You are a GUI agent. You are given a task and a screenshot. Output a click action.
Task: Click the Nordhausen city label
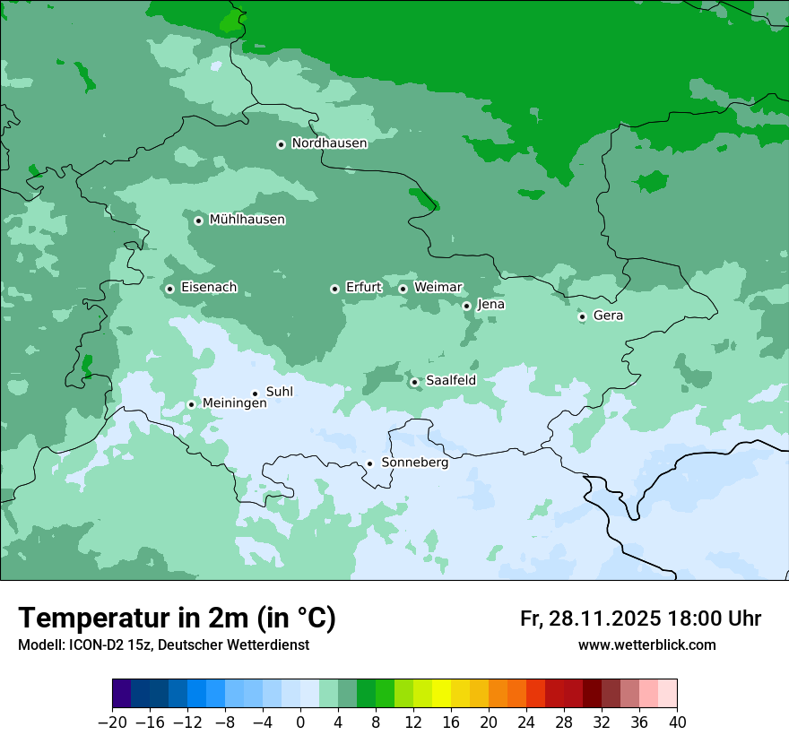[x=329, y=143]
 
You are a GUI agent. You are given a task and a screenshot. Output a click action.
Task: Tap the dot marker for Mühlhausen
[x=198, y=221]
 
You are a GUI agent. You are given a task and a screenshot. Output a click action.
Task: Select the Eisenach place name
[x=209, y=288]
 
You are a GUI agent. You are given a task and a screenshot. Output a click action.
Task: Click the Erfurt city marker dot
[x=334, y=289]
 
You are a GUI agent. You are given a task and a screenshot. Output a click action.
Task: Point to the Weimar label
[x=438, y=288]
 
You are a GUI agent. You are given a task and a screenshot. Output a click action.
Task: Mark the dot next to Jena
[x=466, y=306]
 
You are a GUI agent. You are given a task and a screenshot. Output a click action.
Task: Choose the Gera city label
[x=608, y=316]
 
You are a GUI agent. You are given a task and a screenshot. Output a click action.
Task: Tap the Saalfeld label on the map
[x=450, y=381]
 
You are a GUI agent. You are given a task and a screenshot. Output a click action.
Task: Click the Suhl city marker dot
[x=255, y=394]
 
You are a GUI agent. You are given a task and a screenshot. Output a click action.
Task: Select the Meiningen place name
[x=234, y=403]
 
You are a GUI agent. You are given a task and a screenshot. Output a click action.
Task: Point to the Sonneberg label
[x=414, y=463]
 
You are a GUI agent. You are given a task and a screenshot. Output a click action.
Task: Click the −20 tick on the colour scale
[x=112, y=722]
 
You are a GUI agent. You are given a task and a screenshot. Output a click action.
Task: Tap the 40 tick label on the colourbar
[x=677, y=722]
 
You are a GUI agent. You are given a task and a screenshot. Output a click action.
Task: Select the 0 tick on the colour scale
[x=300, y=722]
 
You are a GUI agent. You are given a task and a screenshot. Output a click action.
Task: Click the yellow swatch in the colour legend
[x=441, y=694]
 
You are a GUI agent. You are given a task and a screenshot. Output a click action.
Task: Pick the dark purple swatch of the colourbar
[x=122, y=694]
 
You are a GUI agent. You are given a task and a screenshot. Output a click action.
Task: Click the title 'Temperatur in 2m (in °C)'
[x=177, y=619]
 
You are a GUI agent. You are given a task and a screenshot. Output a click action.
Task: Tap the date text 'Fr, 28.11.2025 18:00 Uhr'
[x=640, y=619]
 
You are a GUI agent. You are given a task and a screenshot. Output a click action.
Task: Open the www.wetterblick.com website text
[x=646, y=645]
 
